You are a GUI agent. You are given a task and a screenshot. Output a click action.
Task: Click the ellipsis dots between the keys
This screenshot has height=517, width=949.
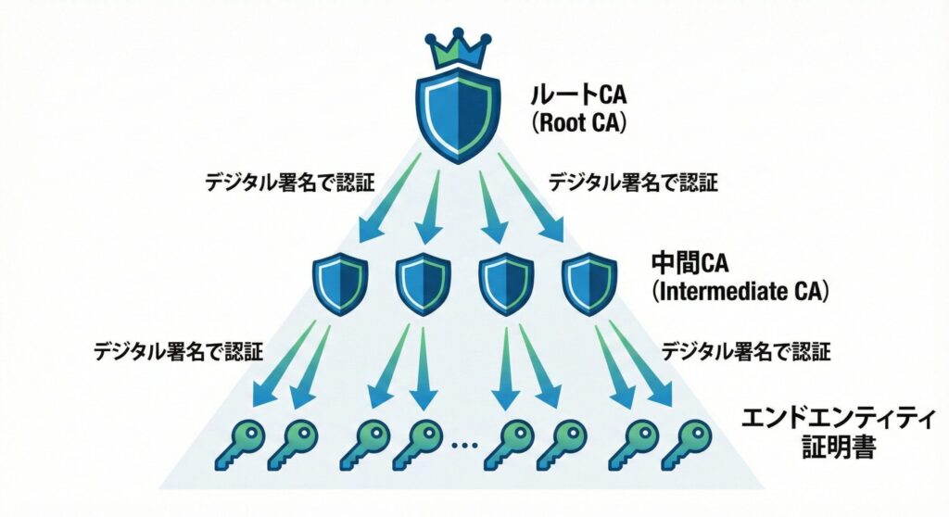click(x=462, y=447)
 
